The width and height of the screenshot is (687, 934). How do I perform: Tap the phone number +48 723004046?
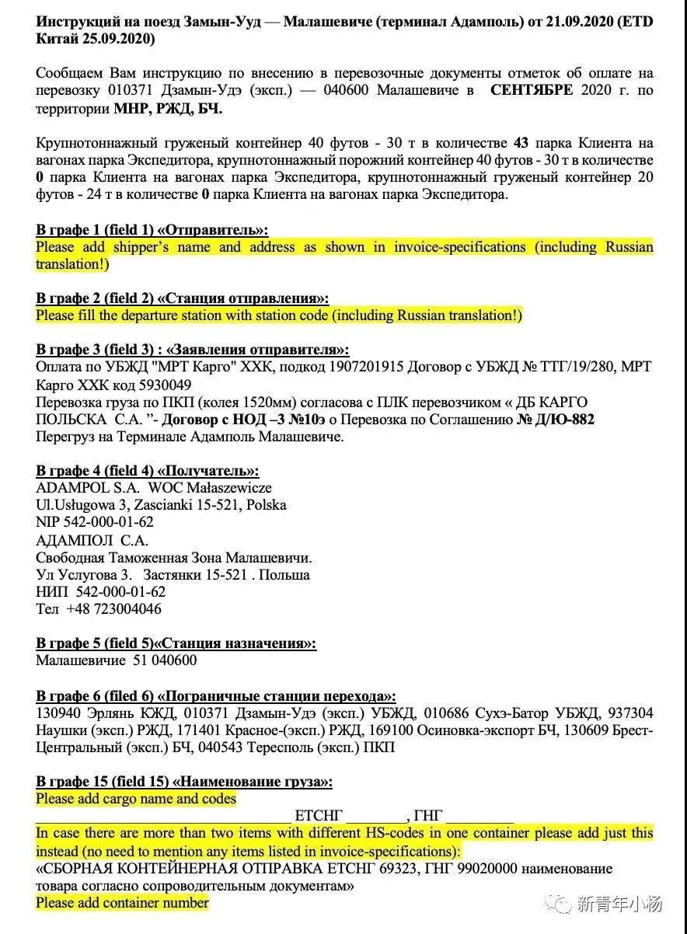[114, 609]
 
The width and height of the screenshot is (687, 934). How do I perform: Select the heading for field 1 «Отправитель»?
[152, 230]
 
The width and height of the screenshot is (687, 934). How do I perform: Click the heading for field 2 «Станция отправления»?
[182, 298]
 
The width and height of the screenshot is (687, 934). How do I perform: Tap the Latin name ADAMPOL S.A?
[88, 488]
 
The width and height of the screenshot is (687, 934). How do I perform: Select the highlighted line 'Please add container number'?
[123, 902]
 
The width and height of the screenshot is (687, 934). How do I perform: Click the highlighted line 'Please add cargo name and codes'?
[136, 799]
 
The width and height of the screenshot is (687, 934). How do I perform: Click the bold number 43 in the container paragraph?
[521, 143]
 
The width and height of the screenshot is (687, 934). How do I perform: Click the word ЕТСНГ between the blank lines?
[319, 816]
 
